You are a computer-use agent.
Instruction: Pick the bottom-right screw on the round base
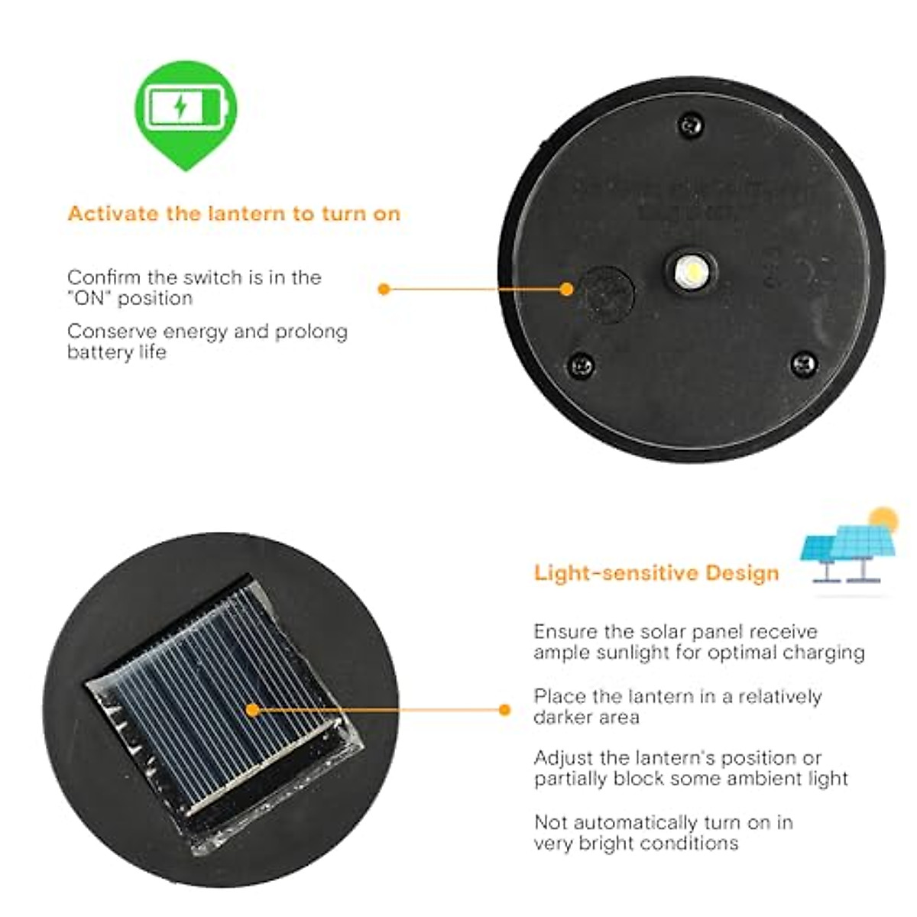click(804, 364)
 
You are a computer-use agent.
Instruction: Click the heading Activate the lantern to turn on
click(234, 213)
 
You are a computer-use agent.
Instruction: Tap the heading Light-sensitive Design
click(656, 573)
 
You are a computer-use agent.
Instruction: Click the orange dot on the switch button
click(566, 289)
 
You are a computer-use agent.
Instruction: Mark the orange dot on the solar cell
click(253, 710)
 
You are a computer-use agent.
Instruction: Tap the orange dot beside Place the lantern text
click(504, 710)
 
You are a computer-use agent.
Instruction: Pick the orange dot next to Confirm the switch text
click(384, 289)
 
